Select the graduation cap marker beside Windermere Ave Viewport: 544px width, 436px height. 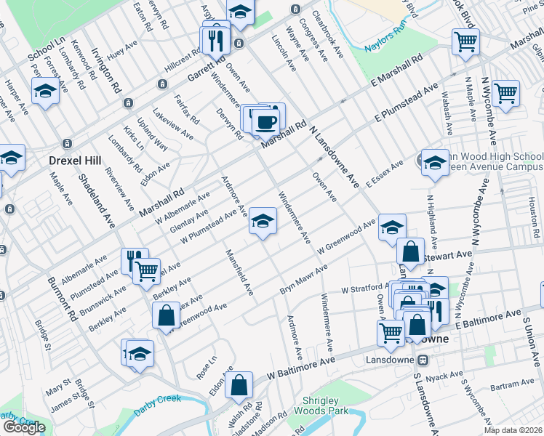[x=263, y=219]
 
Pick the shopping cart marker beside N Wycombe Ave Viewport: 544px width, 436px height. [x=505, y=93]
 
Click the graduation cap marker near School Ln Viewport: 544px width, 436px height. [x=45, y=91]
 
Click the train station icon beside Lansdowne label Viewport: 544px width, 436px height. [x=422, y=359]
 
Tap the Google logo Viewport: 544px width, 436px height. [x=23, y=427]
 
